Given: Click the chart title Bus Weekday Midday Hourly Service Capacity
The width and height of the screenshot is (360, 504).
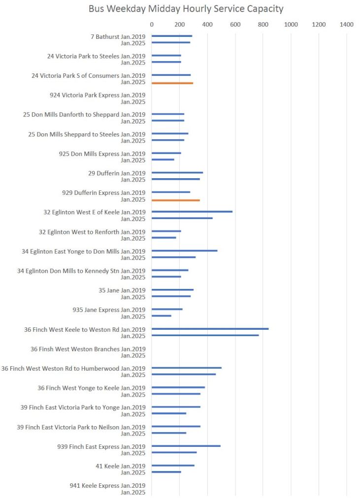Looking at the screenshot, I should pos(186,9).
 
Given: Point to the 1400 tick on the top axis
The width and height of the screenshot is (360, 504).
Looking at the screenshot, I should pos(346,24).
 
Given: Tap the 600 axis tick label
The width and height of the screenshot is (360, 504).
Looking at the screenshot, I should pos(235,24).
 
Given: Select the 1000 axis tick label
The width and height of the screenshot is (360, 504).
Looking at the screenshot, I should pos(291,24).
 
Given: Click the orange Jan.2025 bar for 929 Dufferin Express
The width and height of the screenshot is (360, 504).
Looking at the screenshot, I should pos(176,200).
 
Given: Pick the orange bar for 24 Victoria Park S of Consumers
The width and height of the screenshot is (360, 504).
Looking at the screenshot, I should pos(172,83).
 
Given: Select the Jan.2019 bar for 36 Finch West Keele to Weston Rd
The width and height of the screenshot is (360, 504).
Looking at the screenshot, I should pos(210,329).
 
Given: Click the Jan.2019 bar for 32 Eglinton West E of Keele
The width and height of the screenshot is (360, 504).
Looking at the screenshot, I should pos(192,212).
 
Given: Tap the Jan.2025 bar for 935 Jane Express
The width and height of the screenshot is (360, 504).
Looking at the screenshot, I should pos(162,316).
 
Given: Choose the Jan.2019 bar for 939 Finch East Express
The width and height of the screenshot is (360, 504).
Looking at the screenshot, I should pos(186,446).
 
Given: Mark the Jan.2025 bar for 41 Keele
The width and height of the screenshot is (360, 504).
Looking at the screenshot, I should pos(166,472).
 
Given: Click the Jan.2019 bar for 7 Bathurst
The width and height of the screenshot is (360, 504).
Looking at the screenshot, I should pos(172,36).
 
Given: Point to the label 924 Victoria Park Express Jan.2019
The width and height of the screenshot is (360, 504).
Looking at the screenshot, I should pos(98,95).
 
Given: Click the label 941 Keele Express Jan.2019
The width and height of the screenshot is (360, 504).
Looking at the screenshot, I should pos(107,485).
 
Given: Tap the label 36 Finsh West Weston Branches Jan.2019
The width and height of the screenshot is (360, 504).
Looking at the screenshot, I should pos(88,349).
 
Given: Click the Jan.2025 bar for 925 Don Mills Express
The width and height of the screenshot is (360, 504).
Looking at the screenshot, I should pos(163,159).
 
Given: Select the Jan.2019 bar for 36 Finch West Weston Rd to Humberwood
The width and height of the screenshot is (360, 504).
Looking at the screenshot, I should pos(187,368).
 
